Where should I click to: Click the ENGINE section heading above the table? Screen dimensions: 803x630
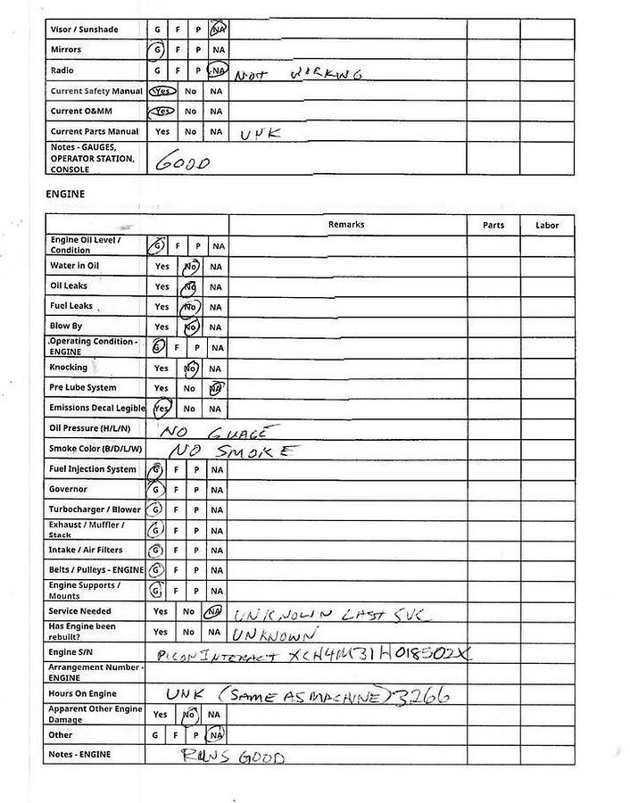pos(65,193)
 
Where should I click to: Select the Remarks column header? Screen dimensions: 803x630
pos(346,225)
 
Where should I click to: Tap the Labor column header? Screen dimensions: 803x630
pos(547,226)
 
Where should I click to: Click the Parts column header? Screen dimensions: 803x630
pos(493,226)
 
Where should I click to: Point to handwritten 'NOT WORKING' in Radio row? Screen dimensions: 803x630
pos(297,75)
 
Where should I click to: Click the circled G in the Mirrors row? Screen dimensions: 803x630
pos(157,50)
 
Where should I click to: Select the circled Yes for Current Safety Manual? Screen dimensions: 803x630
pos(162,91)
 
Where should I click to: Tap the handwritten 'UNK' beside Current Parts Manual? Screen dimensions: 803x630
pos(261,133)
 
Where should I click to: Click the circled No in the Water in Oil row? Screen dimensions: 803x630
pos(190,266)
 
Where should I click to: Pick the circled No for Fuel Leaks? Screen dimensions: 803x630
pos(189,307)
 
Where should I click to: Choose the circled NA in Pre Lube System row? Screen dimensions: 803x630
pos(216,388)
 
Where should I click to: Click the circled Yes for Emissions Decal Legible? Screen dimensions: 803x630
pos(162,409)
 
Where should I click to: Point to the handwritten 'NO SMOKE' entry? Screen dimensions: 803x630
pos(229,450)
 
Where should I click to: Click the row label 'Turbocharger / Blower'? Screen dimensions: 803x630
pos(94,509)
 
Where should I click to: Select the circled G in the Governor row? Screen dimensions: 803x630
pos(157,490)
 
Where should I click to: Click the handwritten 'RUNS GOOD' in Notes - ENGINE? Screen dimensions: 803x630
pos(232,757)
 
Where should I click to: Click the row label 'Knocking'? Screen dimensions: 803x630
pos(69,368)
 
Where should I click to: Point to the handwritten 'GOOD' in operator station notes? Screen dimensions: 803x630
pos(183,163)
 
